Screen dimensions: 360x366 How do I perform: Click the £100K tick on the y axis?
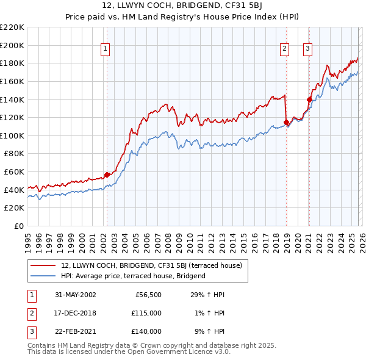click(x=12, y=135)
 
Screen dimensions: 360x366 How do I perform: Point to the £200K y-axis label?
click(x=12, y=45)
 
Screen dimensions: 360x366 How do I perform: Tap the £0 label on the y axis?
click(x=20, y=226)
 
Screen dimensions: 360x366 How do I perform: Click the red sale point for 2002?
click(x=107, y=175)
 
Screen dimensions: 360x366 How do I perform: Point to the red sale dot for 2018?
click(x=286, y=123)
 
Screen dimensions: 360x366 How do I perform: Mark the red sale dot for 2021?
click(x=309, y=99)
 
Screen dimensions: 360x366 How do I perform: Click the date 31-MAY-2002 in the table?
click(x=76, y=295)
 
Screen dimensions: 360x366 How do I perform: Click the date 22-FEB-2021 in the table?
click(x=76, y=331)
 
